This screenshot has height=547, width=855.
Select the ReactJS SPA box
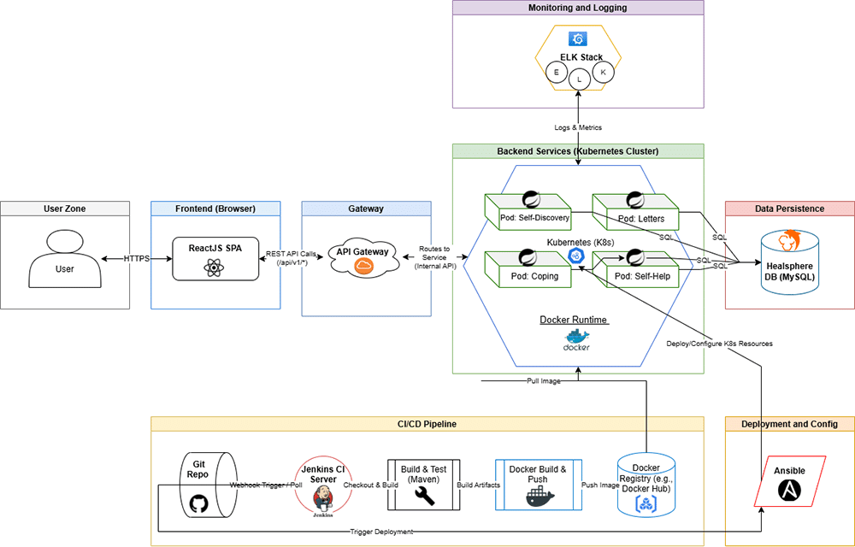tap(215, 258)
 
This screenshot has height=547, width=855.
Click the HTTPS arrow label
tap(136, 258)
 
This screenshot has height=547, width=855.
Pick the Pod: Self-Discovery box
tap(528, 213)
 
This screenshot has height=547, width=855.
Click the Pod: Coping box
tap(528, 270)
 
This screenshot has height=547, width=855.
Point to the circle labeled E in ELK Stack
tap(557, 73)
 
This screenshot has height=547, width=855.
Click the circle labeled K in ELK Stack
tap(603, 73)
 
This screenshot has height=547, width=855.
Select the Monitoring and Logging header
tap(577, 8)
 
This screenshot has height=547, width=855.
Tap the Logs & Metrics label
tap(578, 127)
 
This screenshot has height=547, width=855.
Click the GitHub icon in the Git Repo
tap(198, 503)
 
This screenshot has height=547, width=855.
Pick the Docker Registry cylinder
tap(646, 485)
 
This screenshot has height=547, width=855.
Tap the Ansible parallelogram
tap(789, 481)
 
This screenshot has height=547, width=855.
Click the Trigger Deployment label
tap(381, 532)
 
